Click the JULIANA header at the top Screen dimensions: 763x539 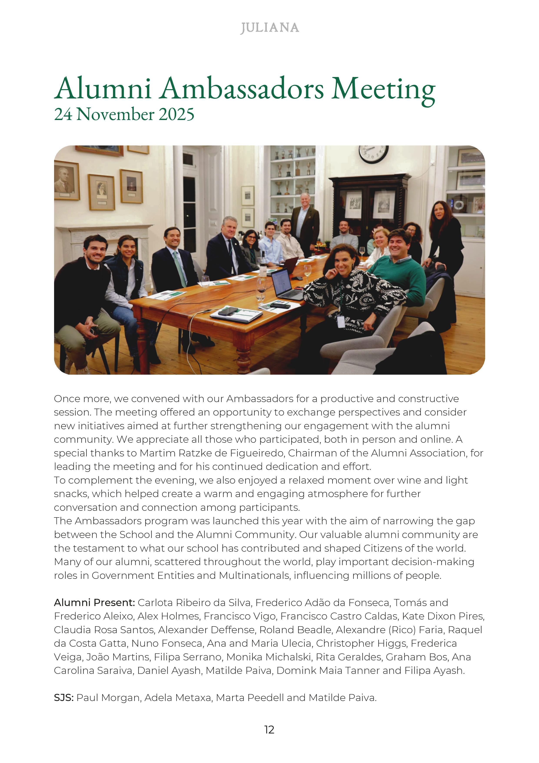pos(269,28)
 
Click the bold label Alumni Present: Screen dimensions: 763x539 pos(94,603)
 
